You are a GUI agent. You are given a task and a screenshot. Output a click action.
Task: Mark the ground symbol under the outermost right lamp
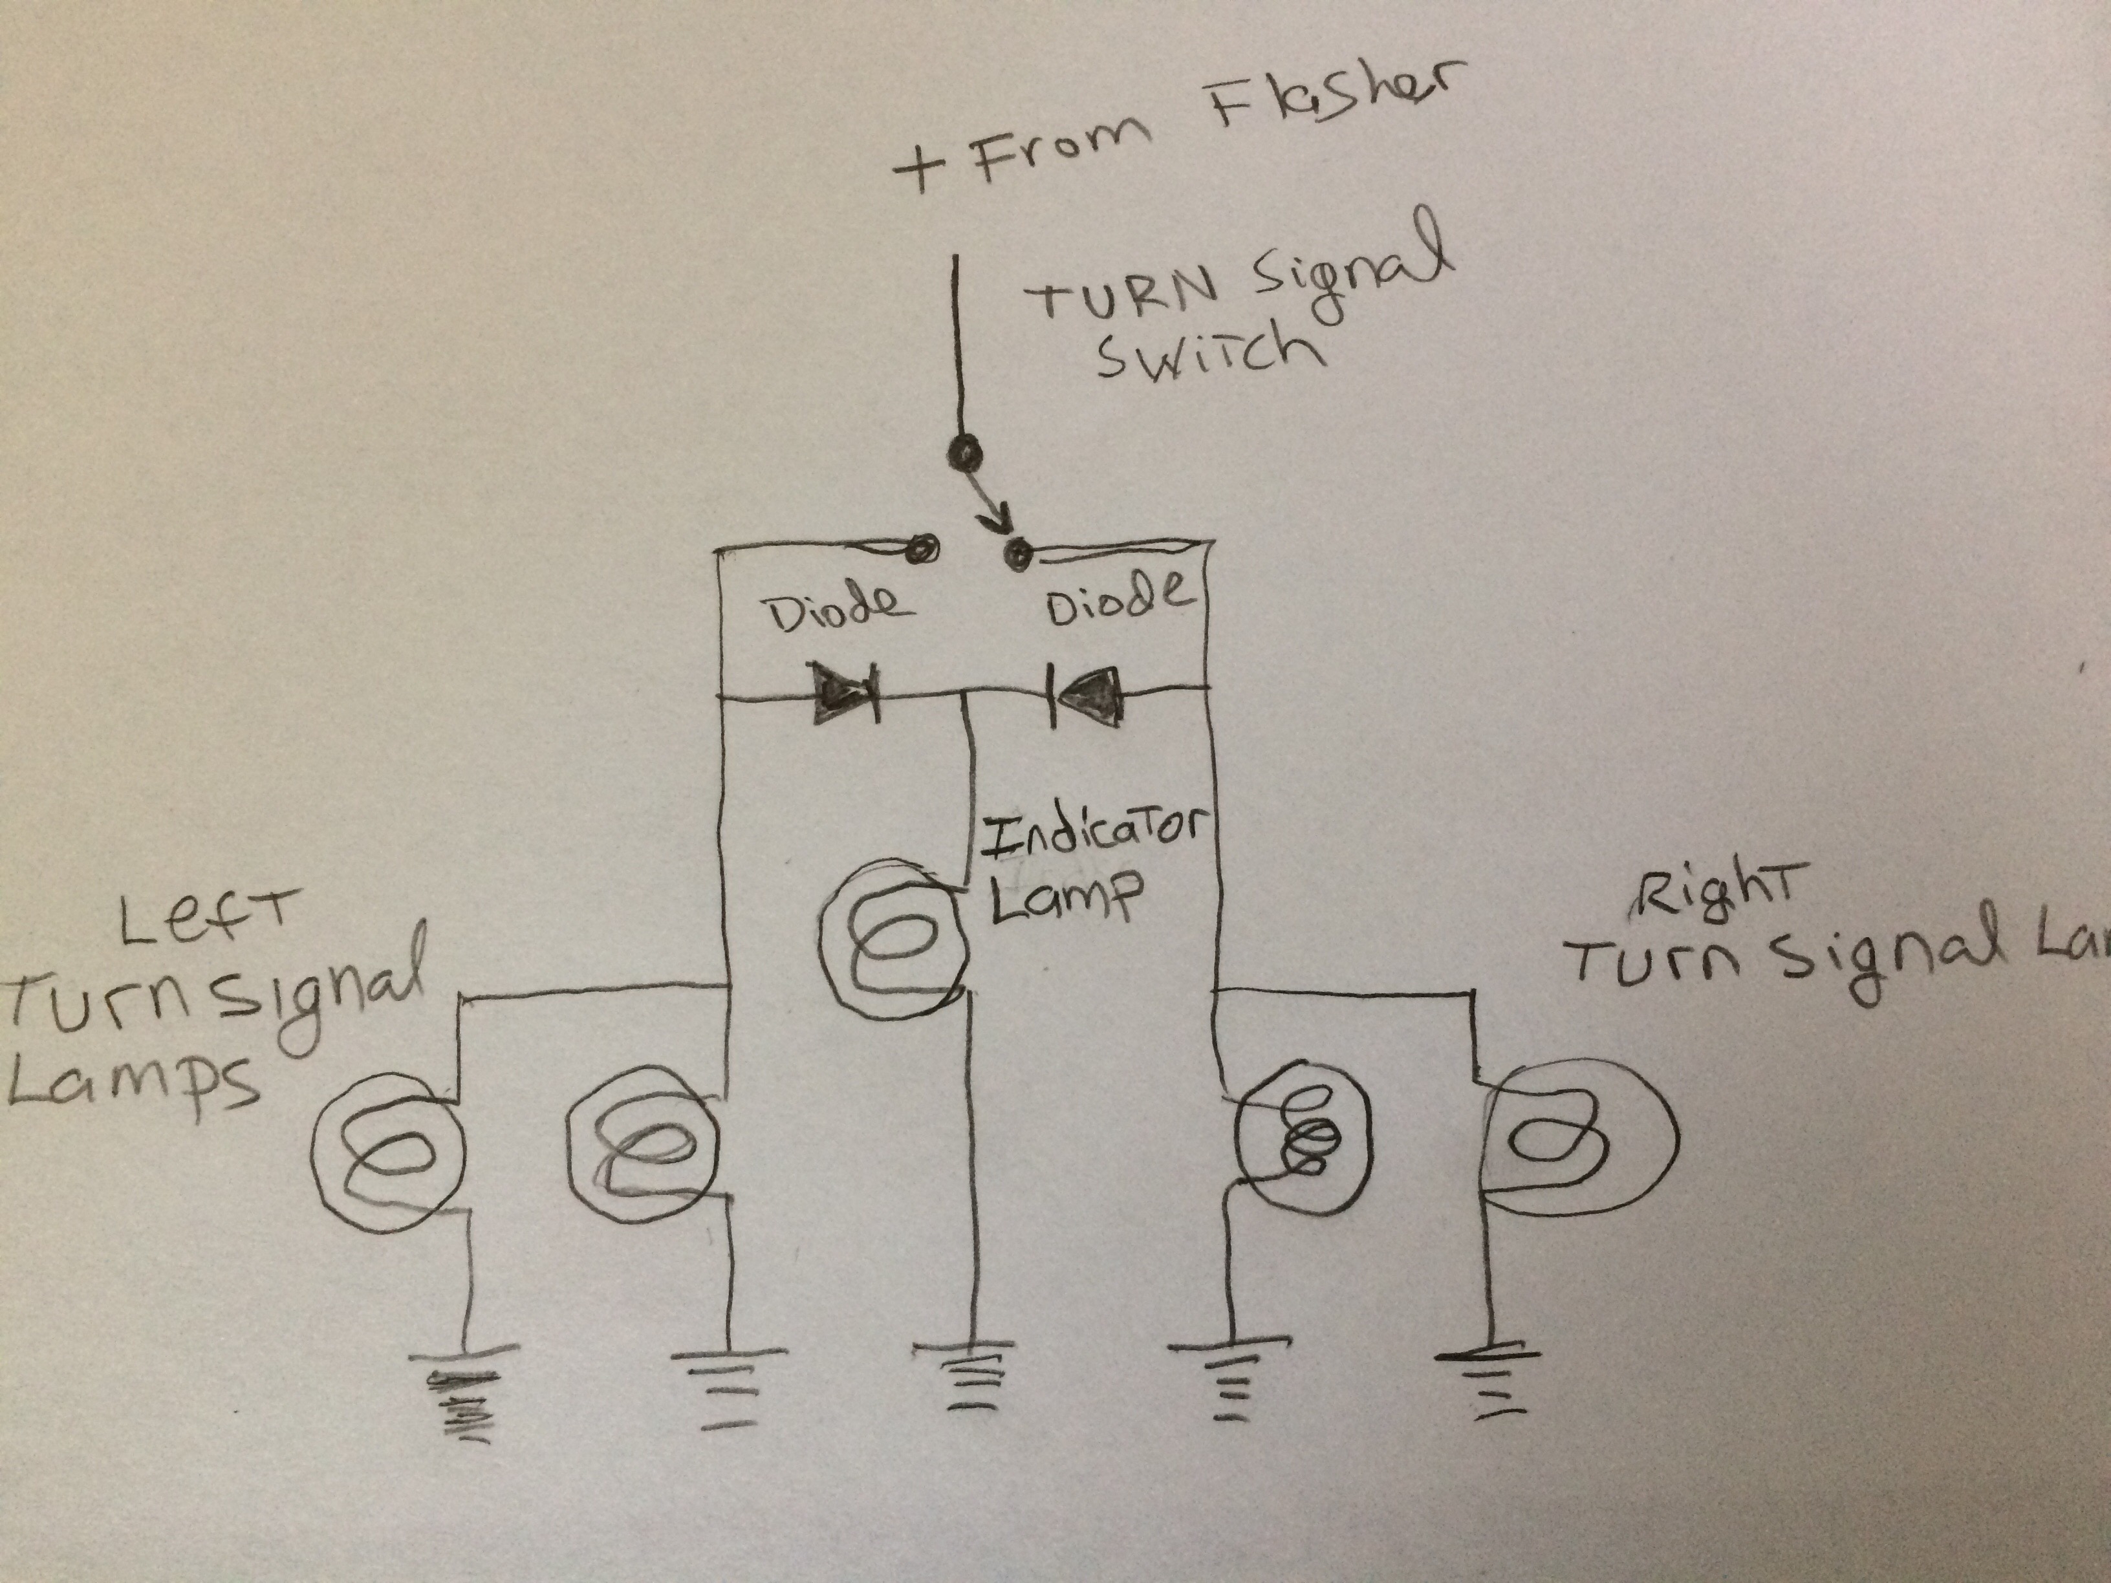1489,1375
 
